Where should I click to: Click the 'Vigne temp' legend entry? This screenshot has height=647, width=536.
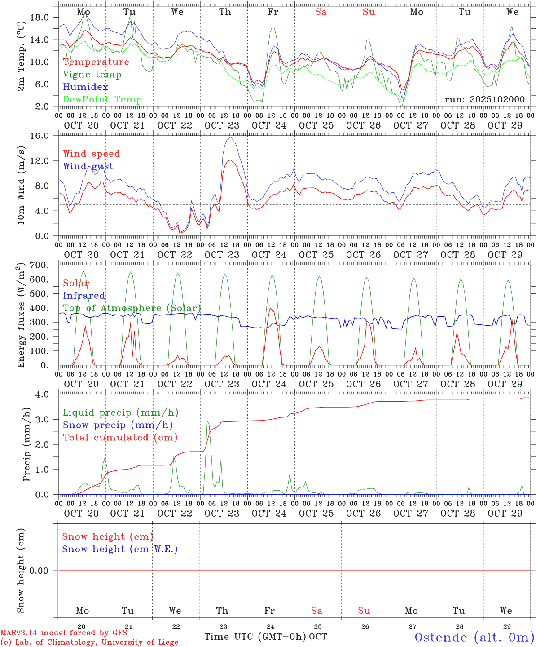92,75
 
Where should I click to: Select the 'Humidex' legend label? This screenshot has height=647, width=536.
85,87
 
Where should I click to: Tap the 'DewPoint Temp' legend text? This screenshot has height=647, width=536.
102,100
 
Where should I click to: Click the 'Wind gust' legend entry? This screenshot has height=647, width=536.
88,166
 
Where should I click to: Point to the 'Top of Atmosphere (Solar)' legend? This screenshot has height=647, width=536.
132,308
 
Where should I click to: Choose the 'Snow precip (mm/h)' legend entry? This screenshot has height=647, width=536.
118,425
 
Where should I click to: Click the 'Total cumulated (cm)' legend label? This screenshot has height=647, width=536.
120,438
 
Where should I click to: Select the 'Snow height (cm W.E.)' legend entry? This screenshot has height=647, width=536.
120,549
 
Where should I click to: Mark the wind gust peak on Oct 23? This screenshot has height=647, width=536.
230,137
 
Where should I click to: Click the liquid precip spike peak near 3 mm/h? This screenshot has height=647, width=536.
207,421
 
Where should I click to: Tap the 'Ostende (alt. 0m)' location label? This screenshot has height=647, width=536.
474,638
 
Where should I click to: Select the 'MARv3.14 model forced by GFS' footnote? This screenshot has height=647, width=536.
64,633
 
